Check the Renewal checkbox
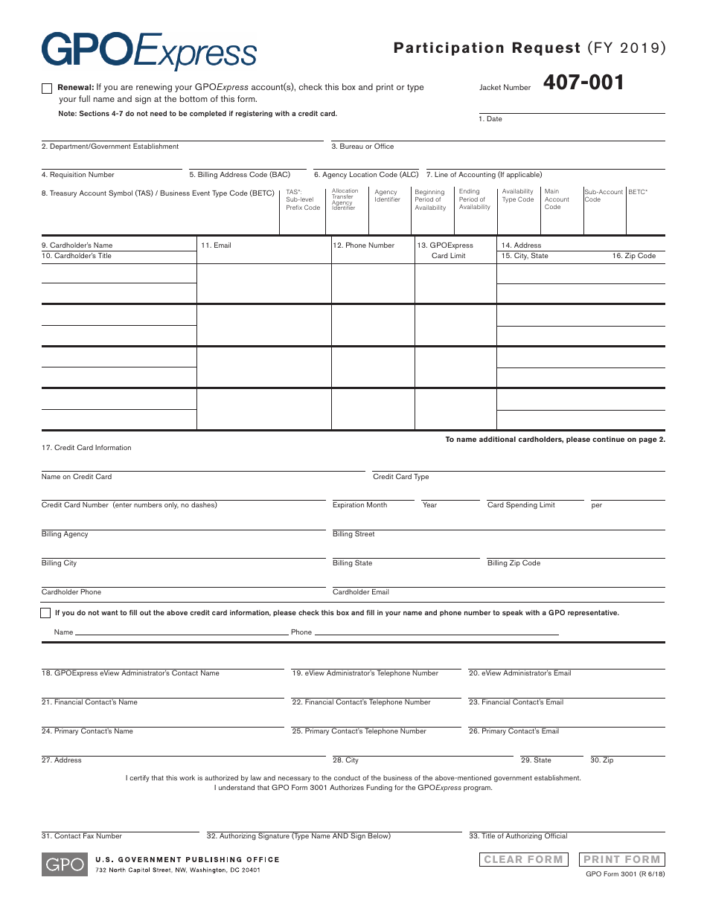click(47, 89)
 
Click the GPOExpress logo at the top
click(149, 51)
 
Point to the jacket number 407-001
click(583, 83)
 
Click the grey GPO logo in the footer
click(65, 864)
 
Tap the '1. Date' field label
click(490, 119)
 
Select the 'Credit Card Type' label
click(400, 477)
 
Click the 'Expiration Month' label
click(359, 505)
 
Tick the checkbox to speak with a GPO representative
click(46, 613)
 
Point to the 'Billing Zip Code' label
click(514, 563)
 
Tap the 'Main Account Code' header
click(557, 199)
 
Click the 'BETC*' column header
click(638, 192)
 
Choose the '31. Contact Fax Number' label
click(81, 836)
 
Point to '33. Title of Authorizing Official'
click(518, 836)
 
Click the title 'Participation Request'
click(487, 48)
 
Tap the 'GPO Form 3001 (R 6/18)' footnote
click(625, 874)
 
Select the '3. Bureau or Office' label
click(362, 147)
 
